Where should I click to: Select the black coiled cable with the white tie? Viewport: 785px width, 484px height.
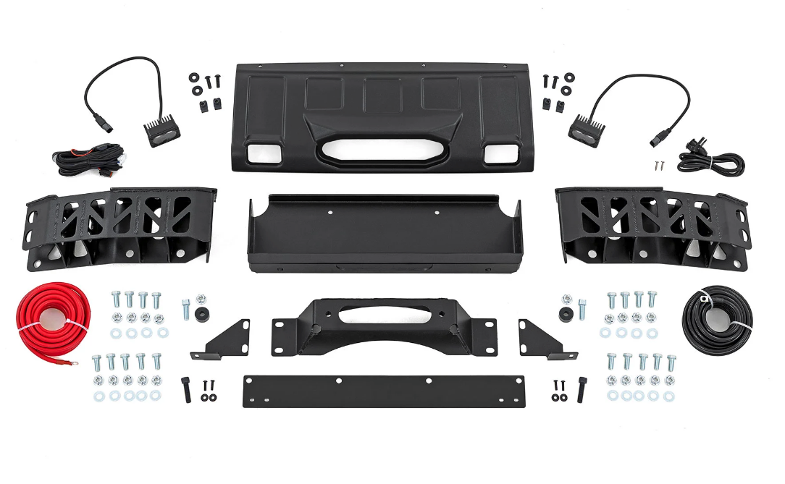[x=717, y=319]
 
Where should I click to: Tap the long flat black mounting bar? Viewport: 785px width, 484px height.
[x=384, y=391]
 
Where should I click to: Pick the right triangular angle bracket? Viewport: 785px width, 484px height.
[x=543, y=340]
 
